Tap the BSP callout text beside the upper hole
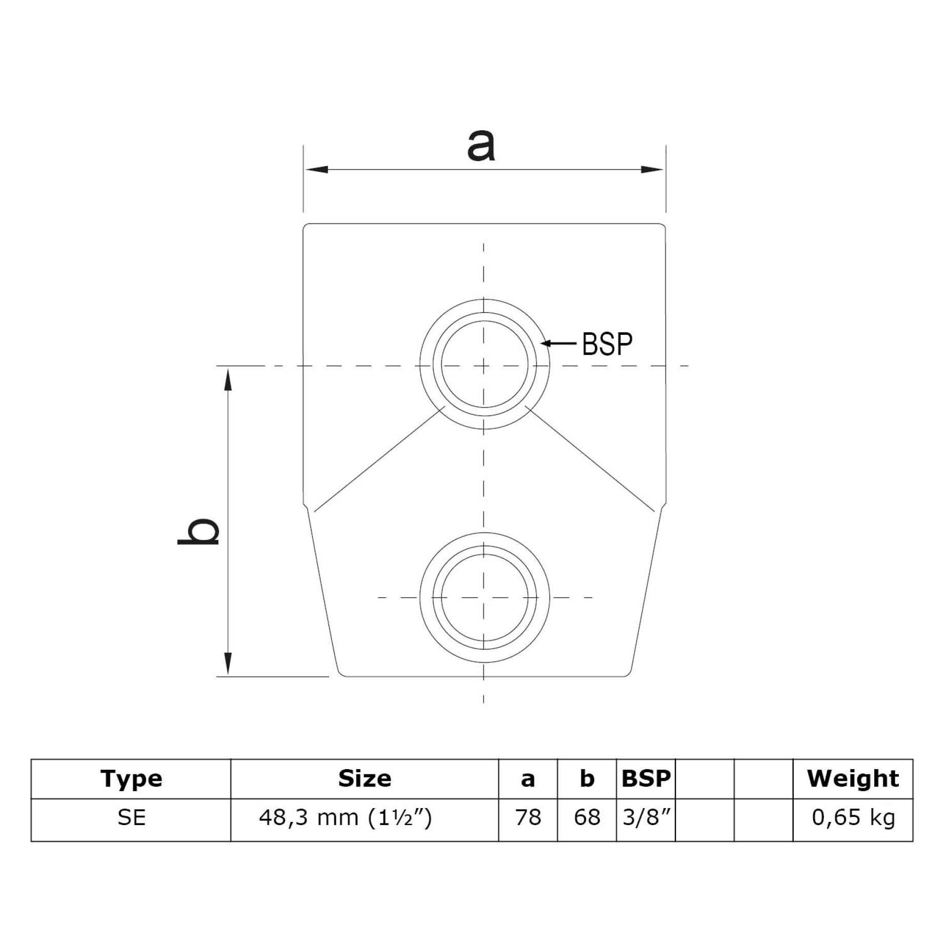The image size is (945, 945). click(x=607, y=344)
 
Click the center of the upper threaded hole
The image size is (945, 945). click(x=484, y=366)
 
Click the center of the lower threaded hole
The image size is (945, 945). click(x=484, y=597)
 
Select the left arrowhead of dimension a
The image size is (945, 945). click(x=316, y=170)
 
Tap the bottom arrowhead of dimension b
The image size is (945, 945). click(x=228, y=665)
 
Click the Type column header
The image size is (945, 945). click(x=132, y=778)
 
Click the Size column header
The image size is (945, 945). click(x=365, y=778)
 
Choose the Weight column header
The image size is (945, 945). click(x=853, y=778)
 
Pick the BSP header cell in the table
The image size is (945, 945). click(x=646, y=778)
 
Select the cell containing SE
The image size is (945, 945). click(x=132, y=817)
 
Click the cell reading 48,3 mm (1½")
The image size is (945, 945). click(x=345, y=817)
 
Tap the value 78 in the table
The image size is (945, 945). click(x=528, y=817)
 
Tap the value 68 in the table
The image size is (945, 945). click(x=587, y=817)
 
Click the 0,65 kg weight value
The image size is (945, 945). click(x=853, y=817)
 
